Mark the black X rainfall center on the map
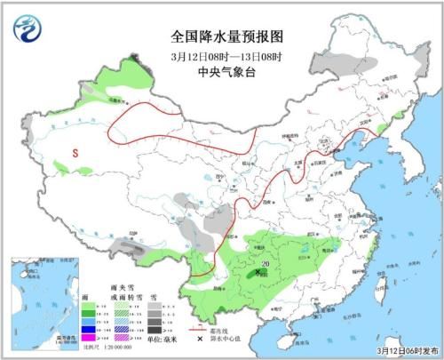[x=258, y=274]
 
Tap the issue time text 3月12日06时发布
[x=398, y=350]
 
